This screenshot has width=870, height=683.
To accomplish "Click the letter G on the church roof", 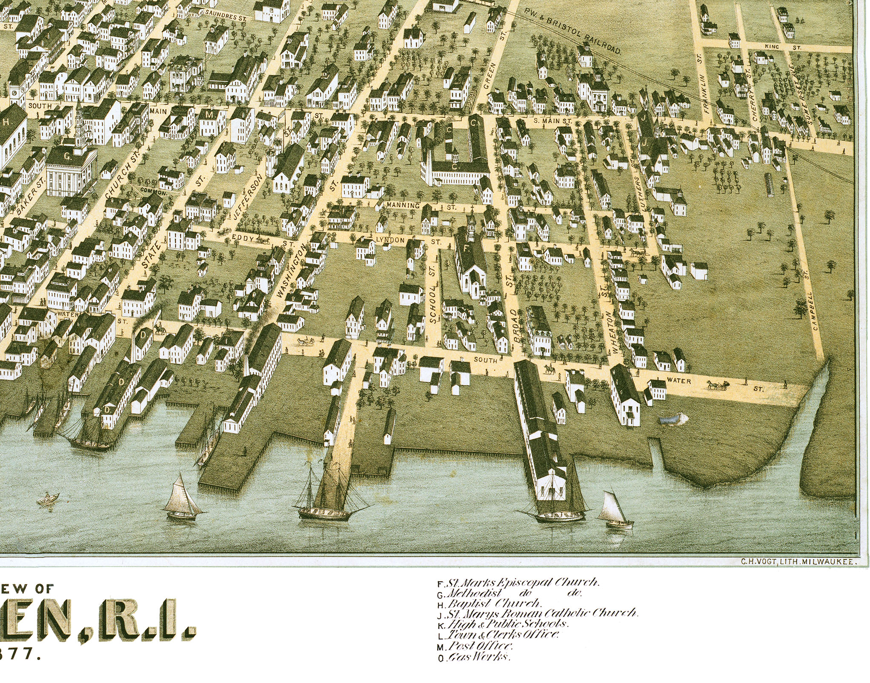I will point(67,156).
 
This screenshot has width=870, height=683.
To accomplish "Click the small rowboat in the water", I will point(48,498).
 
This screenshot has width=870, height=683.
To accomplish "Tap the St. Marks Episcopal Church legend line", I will point(518,582).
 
